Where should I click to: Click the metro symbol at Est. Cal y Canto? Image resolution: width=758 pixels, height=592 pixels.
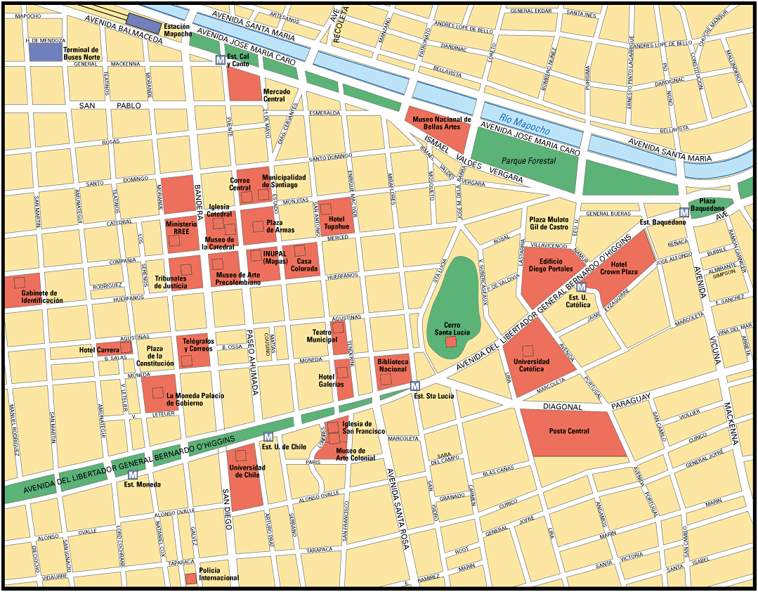point(220,60)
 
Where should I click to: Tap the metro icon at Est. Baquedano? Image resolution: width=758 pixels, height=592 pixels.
point(684,212)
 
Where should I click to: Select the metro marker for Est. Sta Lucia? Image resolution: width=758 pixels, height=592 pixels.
point(415,385)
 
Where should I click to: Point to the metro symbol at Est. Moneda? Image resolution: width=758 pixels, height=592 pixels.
point(133,474)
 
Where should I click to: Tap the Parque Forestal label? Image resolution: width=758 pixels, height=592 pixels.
point(528,161)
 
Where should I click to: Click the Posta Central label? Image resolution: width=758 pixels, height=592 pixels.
point(569,431)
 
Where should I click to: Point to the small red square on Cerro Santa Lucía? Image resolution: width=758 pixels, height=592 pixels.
point(451,342)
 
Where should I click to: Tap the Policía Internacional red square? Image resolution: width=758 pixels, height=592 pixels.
point(190,577)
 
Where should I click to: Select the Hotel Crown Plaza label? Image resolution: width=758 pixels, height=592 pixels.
point(619,268)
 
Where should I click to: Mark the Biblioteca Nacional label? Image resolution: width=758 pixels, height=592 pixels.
point(392,366)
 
